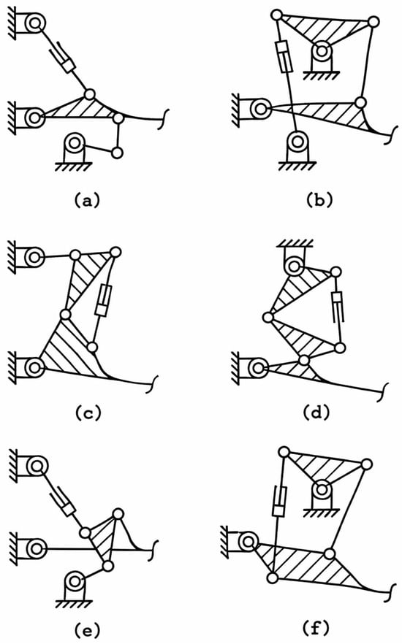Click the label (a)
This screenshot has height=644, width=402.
point(86,200)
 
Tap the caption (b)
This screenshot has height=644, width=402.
point(319,200)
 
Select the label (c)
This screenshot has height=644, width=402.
point(88,413)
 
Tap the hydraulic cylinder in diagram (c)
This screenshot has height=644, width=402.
point(103,300)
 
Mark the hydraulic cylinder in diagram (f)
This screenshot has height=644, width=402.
point(279,500)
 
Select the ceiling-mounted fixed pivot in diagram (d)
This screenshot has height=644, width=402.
point(295,259)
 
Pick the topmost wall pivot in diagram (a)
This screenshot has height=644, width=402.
point(28,23)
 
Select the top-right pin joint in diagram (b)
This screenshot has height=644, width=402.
point(373,21)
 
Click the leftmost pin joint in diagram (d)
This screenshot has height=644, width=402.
point(268,318)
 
